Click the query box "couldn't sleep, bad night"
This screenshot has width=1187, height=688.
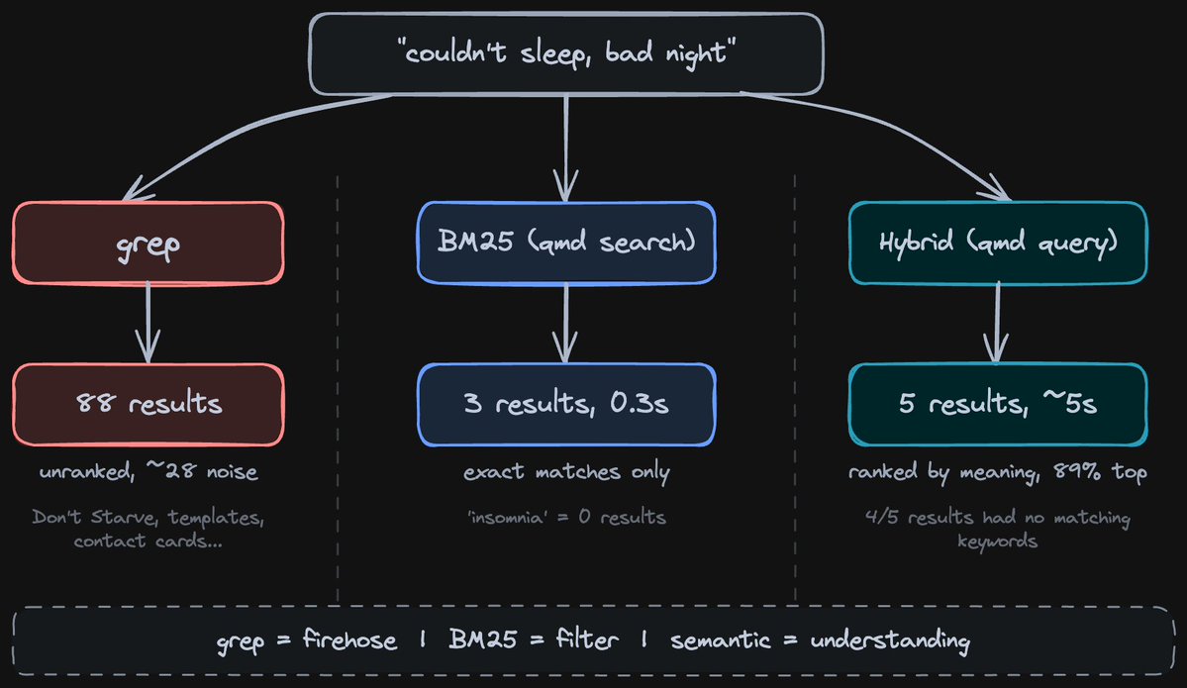[x=566, y=53]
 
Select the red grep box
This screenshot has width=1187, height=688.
[x=148, y=242]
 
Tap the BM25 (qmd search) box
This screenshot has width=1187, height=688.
[x=565, y=242]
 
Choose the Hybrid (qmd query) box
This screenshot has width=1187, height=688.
[x=998, y=242]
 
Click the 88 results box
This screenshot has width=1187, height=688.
[x=148, y=403]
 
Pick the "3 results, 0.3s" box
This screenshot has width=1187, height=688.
[x=565, y=403]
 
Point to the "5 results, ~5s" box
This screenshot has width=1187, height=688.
[x=998, y=403]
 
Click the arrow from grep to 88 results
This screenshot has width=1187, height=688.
[x=148, y=322]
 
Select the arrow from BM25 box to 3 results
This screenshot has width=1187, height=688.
[x=565, y=322]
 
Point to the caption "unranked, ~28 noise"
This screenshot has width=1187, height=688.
[x=148, y=472]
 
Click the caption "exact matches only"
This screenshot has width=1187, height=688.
[x=566, y=472]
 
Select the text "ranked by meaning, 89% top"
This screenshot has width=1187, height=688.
[x=998, y=472]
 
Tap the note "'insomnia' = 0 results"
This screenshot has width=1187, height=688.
[x=566, y=517]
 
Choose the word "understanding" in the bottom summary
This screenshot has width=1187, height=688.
[x=889, y=640]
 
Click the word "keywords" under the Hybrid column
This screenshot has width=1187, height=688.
[x=998, y=541]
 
